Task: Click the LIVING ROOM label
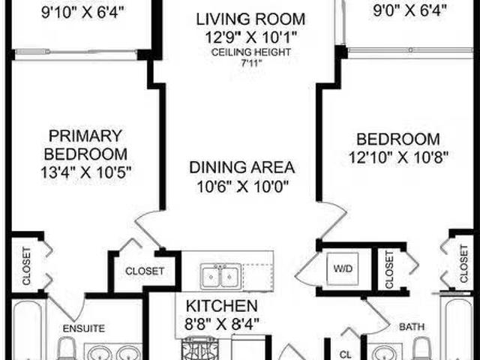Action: coord(250,19)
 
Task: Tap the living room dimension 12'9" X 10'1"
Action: coord(250,37)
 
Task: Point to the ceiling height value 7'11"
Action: coord(251,64)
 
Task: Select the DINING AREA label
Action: coord(241,167)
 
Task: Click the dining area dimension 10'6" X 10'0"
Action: coord(242,187)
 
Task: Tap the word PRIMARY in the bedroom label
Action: coord(85,136)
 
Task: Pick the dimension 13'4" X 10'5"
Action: coord(86,172)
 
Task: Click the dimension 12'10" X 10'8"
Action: coord(398,157)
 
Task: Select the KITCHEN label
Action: coord(222,305)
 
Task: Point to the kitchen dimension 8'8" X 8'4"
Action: coord(222,323)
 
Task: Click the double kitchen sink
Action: coord(220,277)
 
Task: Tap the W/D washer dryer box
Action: coord(343,268)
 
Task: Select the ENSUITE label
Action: coord(84,328)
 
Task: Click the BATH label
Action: coord(412,327)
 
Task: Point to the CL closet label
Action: coord(345,355)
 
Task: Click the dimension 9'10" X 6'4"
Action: coord(82,13)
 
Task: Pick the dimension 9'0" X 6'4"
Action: coord(410,11)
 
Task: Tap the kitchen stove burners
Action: coord(200,348)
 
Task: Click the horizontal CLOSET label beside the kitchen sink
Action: coord(145,271)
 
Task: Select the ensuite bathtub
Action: coord(27,331)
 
